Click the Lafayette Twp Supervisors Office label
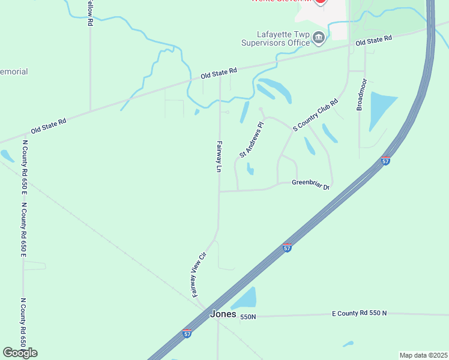pos(275,39)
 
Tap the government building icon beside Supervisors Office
pos(319,38)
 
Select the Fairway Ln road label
pos(219,157)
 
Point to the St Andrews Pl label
pos(252,140)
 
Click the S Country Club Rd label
pos(316,115)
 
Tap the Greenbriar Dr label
pos(311,185)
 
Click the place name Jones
pos(223,314)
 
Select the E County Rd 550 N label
pos(360,313)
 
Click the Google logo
pos(20,353)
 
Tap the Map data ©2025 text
pos(423,355)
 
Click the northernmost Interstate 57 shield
pos(385,161)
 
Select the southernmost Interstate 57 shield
pos(187,334)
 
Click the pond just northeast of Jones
pos(245,299)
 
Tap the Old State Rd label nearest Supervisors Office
pos(373,41)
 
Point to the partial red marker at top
pos(320,2)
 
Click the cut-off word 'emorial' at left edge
pos(14,72)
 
